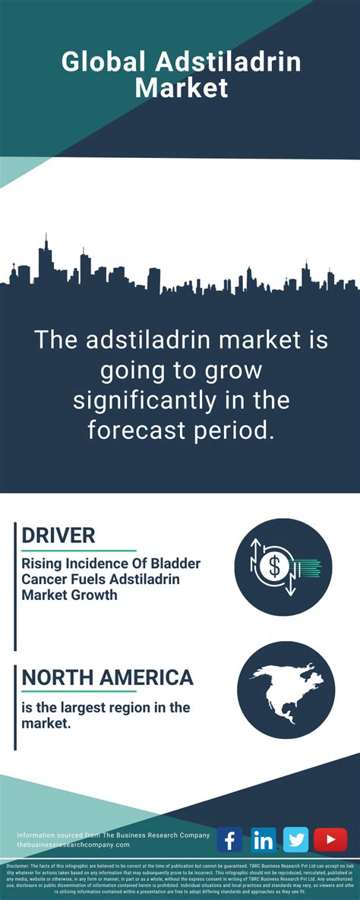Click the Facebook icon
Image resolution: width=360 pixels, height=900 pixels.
pos(229,840)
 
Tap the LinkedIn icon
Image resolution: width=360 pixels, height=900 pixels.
pos(263,840)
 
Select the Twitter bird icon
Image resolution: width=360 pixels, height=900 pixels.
pos(296,840)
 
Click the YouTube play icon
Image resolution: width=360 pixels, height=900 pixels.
pos(330,840)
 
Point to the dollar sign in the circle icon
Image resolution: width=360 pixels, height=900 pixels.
pos(274,565)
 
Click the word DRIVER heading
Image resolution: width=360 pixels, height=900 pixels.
pos(58,535)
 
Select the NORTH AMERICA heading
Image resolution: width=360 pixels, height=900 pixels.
pos(107,677)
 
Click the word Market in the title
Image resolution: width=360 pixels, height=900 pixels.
pos(181,87)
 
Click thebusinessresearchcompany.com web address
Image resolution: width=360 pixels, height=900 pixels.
pos(73,845)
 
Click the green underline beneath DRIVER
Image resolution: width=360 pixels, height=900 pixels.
pos(79,550)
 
